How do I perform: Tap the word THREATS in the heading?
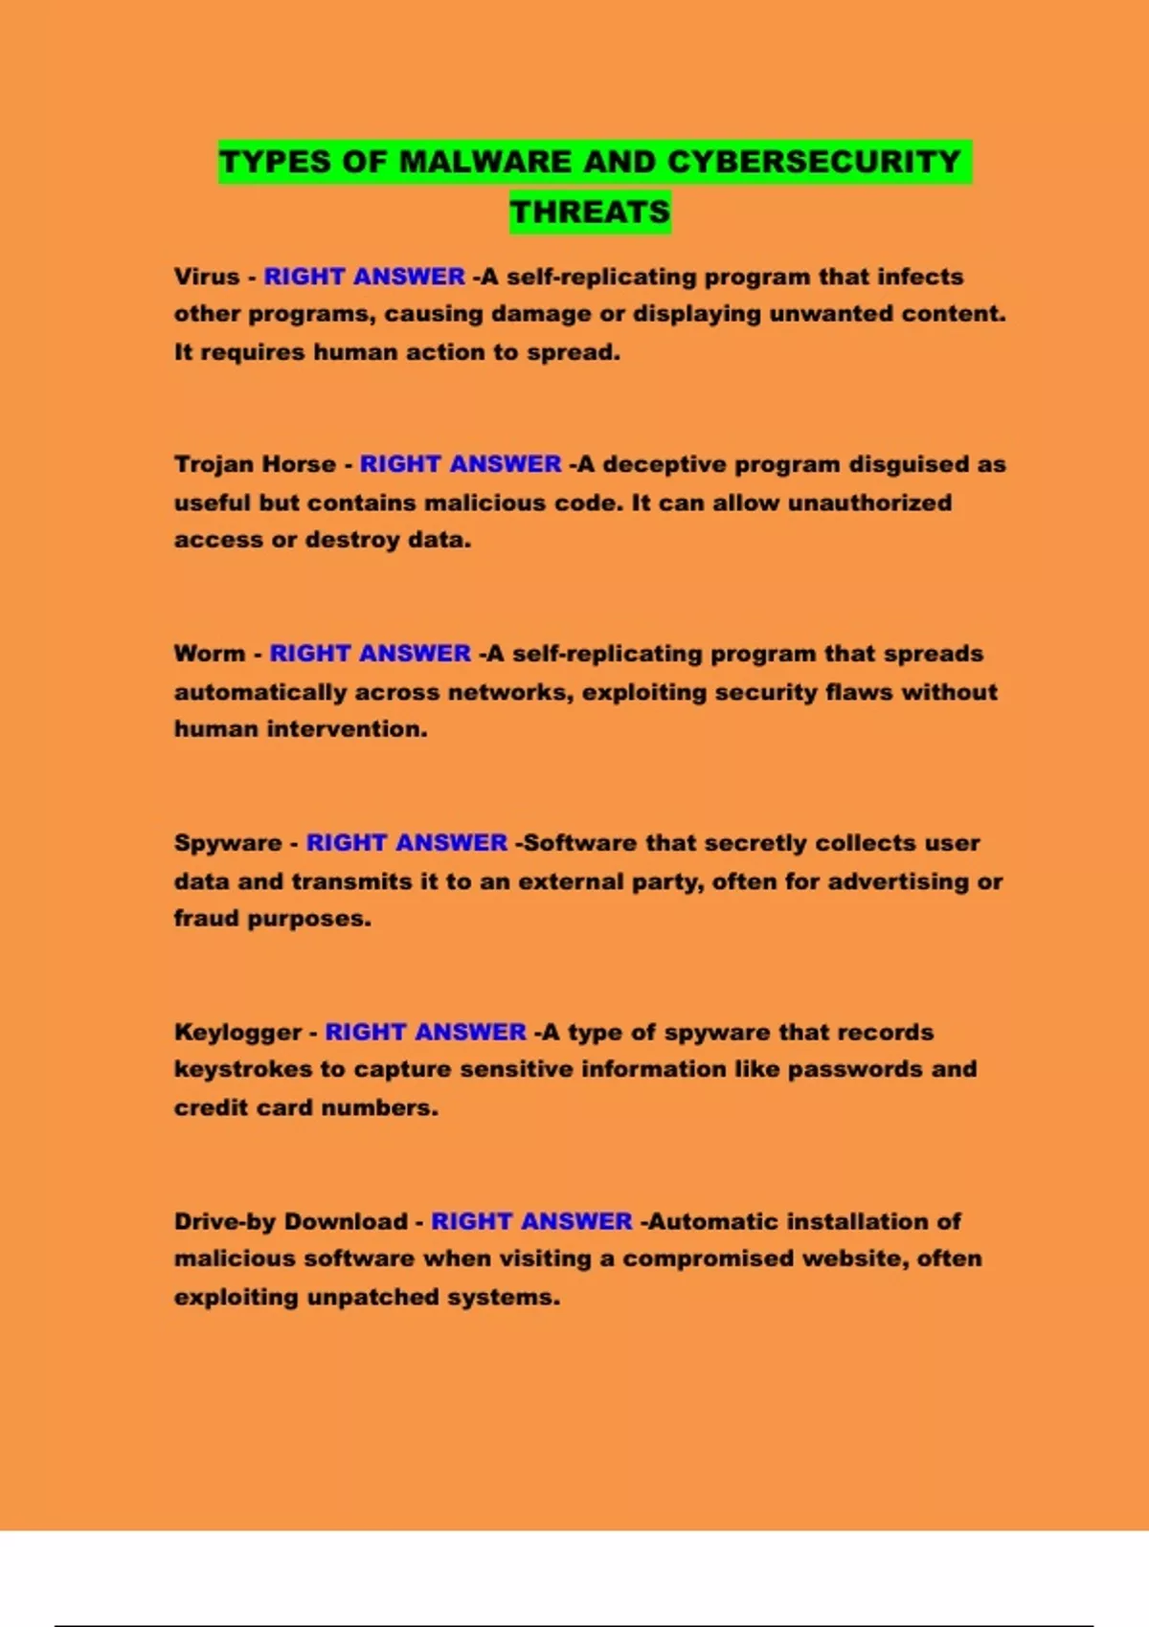590,212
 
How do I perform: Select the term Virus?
207,277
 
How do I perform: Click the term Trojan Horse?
255,464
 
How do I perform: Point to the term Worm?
210,654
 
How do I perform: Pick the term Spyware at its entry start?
228,843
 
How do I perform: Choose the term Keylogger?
237,1033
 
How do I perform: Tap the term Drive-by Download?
291,1222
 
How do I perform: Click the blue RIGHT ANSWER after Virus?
365,277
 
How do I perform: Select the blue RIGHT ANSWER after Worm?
371,654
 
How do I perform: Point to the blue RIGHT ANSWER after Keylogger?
426,1033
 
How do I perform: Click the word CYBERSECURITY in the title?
814,162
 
